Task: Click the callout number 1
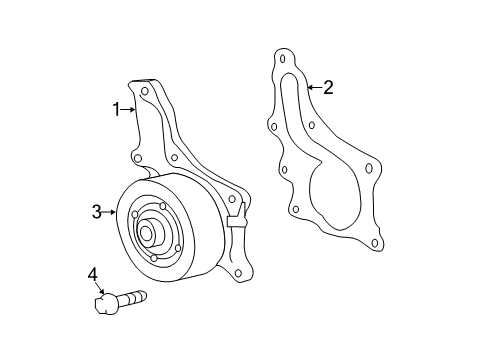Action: coord(116,108)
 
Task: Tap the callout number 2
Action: coord(327,87)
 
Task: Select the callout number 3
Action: coord(97,212)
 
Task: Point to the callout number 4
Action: coord(93,274)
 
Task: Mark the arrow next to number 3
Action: coord(110,212)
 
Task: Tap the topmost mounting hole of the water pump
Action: coord(145,91)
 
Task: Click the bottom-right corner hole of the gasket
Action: coord(375,241)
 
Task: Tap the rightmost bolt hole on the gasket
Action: coord(370,169)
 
